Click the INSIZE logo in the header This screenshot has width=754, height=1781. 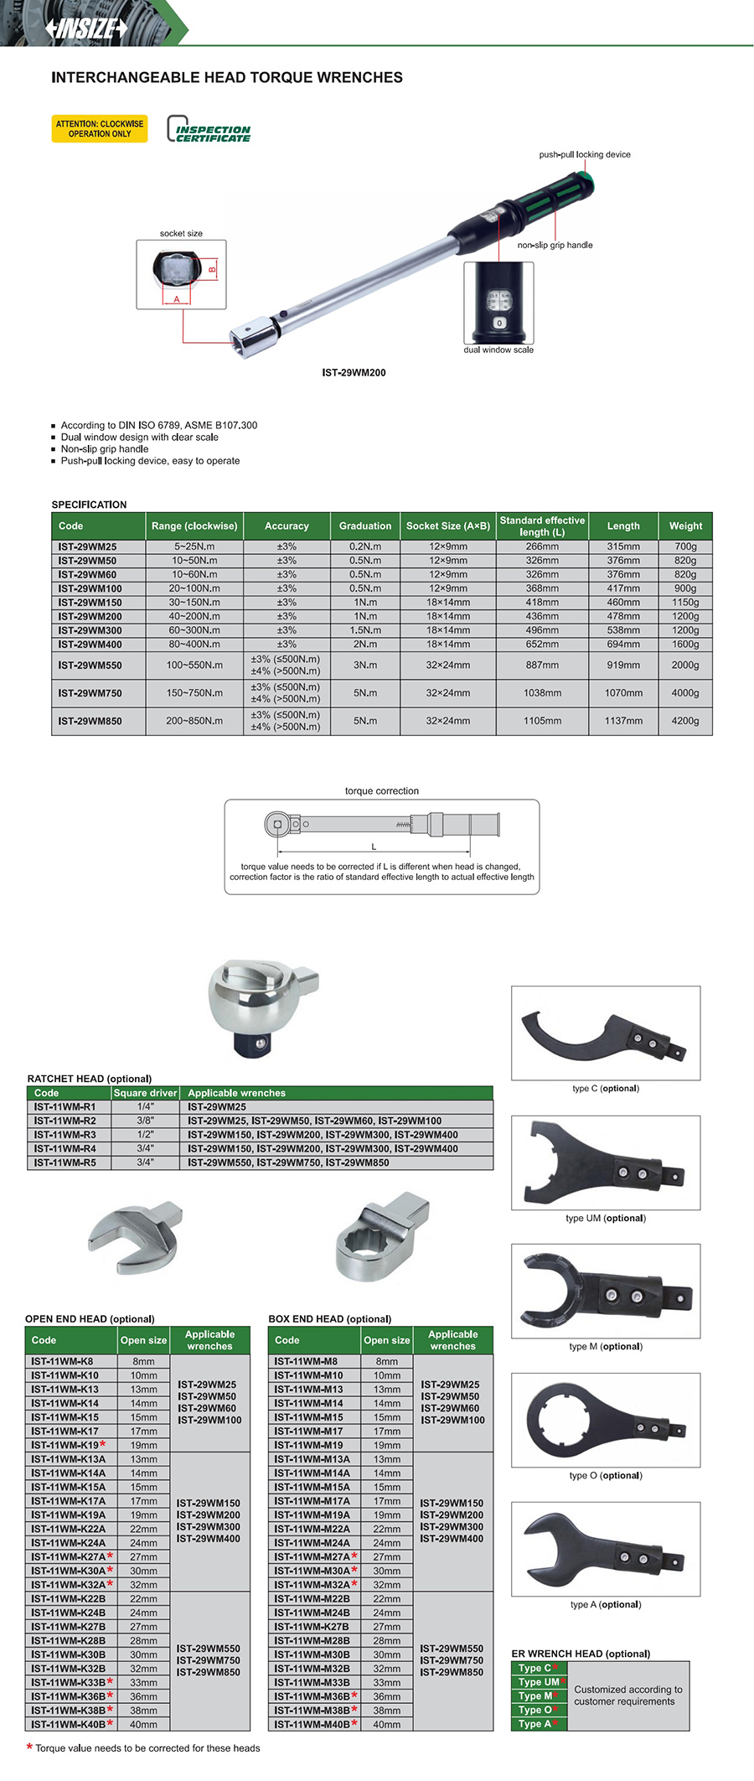coord(87,28)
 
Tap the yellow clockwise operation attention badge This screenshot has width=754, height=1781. coord(100,128)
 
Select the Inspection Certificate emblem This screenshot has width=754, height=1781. coord(209,130)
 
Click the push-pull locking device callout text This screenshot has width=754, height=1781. coord(584,154)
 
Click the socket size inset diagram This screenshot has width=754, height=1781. coord(181,274)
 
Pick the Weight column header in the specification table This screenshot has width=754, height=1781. coord(685,526)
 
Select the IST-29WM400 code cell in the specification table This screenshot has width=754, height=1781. coord(90,645)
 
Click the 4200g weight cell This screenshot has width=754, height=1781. coord(685,721)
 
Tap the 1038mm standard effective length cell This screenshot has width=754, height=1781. coord(542,693)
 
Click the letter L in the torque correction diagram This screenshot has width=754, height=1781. coord(374,847)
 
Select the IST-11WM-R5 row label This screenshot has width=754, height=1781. coord(65,1162)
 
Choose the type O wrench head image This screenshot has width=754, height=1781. coord(605,1420)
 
